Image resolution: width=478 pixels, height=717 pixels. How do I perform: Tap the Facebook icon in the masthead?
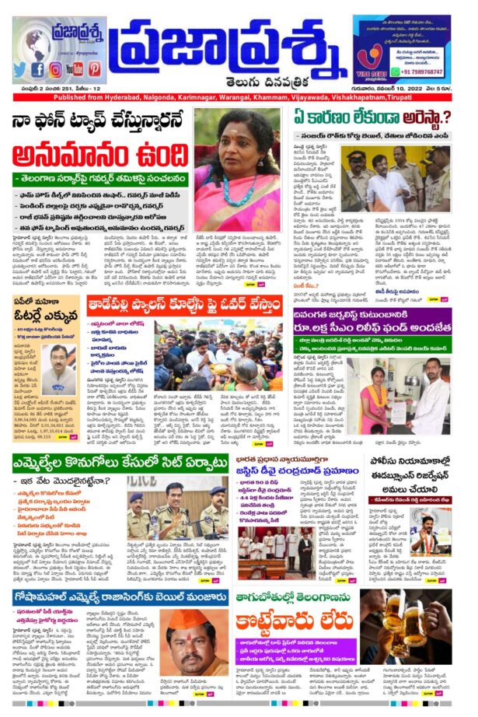click(x=38, y=69)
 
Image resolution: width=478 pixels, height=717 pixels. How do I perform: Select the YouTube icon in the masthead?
click(x=76, y=69)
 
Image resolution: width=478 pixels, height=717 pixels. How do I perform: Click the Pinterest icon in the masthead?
click(x=95, y=69)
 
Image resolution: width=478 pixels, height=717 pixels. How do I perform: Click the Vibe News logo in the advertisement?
click(x=372, y=60)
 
